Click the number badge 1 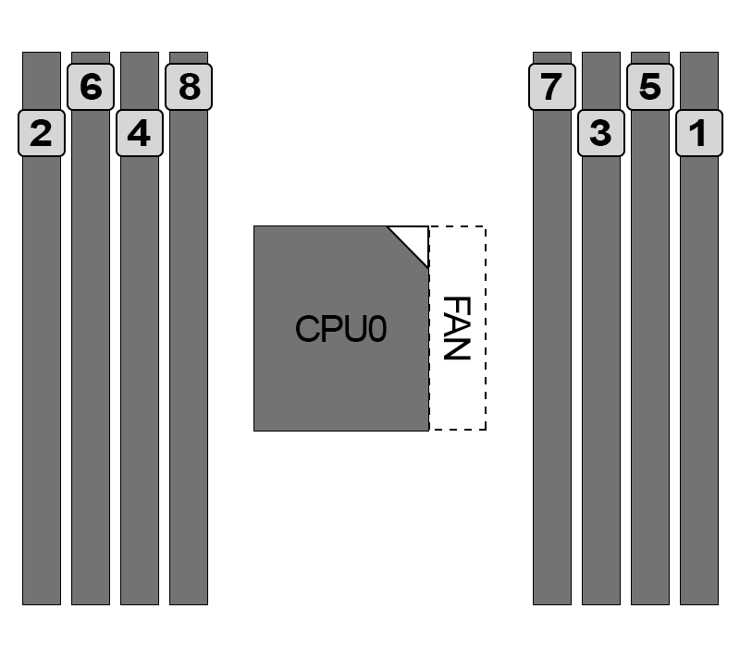pos(699,134)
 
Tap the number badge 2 pos(41,134)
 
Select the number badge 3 pos(600,134)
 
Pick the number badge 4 pos(139,134)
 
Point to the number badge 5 pos(650,87)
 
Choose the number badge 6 pos(90,87)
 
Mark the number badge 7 pos(551,87)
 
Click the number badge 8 pos(188,87)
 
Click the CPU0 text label pos(340,330)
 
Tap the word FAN pos(458,328)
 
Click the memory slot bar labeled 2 pos(41,370)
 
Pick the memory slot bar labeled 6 pos(90,370)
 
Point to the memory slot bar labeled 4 pos(139,370)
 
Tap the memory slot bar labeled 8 pos(188,370)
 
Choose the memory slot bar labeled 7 pos(551,370)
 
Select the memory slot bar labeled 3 pos(600,370)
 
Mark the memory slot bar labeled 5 pos(650,370)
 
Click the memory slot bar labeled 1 pos(699,370)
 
